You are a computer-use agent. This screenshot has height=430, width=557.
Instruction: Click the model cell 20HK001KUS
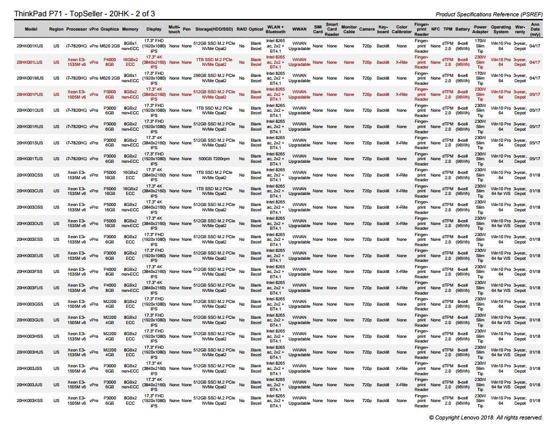coord(31,46)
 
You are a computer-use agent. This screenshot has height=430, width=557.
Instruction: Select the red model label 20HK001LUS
coord(31,62)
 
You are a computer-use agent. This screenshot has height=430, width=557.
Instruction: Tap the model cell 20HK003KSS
coord(31,401)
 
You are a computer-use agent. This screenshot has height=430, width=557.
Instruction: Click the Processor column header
coord(76,28)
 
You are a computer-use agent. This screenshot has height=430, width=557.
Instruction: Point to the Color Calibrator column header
coord(402,28)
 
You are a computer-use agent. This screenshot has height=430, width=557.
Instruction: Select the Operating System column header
coord(501,28)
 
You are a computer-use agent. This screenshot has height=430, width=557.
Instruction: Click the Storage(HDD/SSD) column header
coord(214,28)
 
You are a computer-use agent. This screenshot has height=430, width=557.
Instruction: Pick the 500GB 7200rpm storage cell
coord(214,159)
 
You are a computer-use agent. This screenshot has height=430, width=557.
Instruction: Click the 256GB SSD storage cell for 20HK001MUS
coord(214,78)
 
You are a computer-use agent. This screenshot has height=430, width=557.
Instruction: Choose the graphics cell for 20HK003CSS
coord(110,175)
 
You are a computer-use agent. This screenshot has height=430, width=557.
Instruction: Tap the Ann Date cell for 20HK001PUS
coord(535,95)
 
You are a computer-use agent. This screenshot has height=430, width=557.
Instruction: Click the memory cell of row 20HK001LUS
coord(130,62)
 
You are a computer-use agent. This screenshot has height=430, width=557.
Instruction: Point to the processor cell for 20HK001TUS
coord(76,159)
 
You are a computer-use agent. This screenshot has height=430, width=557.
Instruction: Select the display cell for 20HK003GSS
coord(154,304)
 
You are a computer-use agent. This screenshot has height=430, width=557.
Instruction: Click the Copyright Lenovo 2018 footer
coord(485,417)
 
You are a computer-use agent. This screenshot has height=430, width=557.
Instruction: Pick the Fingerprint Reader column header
coord(421,28)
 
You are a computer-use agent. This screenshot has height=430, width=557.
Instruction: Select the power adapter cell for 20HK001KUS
coord(480,46)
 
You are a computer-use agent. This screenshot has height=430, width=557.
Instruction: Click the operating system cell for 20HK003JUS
coord(501,385)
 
